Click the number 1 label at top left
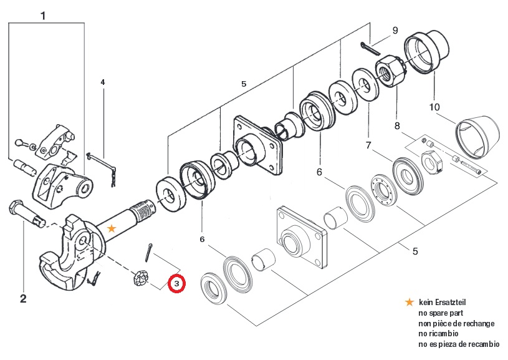coord(43,16)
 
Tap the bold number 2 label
coord(23,298)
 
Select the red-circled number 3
coord(176,284)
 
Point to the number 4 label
coord(103,82)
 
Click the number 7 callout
coord(368,145)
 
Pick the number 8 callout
coord(397,125)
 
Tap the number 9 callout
coord(395,31)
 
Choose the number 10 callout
coord(434,107)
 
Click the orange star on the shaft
coord(112,228)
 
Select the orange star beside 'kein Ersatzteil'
coord(410,302)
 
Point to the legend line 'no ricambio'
coord(438,333)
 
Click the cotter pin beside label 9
coord(371,49)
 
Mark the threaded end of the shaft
coord(143,210)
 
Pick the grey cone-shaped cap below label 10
coord(477,137)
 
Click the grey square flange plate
coord(301,238)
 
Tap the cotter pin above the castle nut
coord(148,253)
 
